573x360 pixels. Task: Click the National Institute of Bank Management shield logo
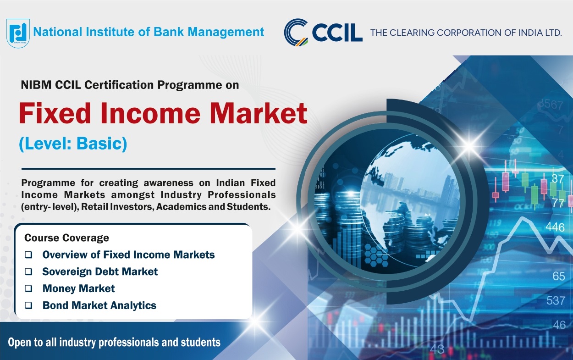18,33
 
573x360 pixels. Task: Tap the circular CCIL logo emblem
296,32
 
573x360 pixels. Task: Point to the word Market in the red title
259,113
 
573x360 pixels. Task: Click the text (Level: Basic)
73,144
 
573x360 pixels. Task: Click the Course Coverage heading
66,238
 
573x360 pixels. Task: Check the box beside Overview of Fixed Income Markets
28,255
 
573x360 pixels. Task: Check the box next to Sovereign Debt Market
28,271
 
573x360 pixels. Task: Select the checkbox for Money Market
28,288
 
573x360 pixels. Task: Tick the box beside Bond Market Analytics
28,305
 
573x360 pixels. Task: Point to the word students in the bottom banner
201,343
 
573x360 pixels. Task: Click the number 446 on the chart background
555,227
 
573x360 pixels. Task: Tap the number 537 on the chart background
556,300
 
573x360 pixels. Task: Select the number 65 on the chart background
559,276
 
